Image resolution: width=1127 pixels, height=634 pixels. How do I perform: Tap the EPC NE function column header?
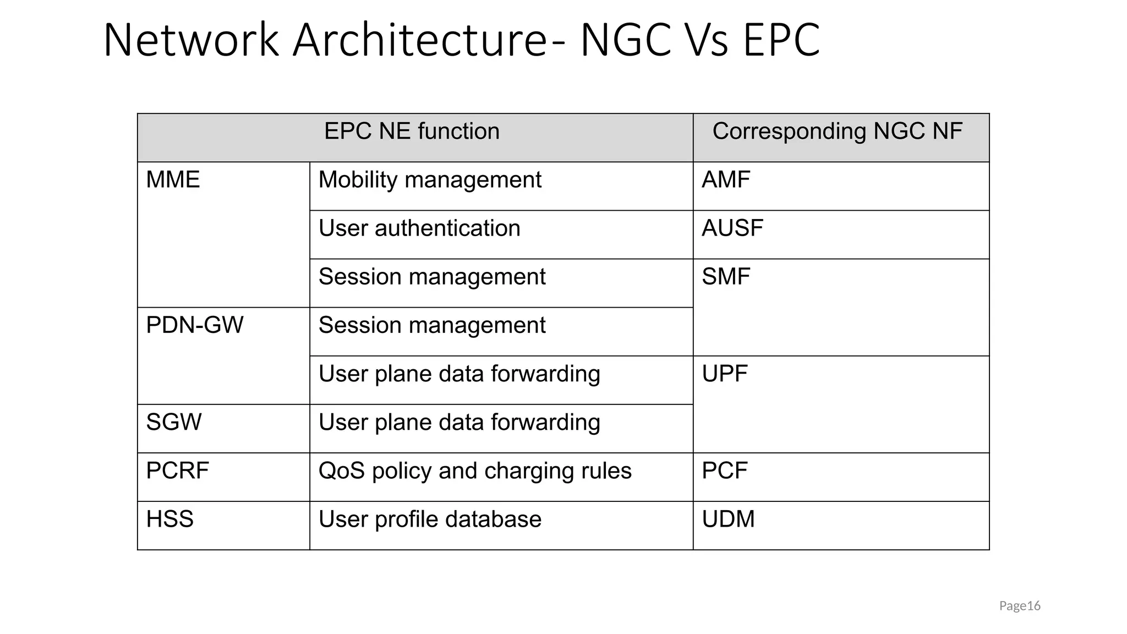[x=412, y=132]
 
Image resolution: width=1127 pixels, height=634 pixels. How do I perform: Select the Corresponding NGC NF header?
[x=837, y=132]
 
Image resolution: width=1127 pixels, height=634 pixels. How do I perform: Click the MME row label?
[x=173, y=180]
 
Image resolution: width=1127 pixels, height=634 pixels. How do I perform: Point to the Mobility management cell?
[x=430, y=180]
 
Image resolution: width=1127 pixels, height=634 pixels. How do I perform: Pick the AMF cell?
[x=726, y=180]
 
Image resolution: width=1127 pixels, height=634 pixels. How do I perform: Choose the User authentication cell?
[x=419, y=228]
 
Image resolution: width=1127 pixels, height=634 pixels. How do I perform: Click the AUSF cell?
[x=732, y=228]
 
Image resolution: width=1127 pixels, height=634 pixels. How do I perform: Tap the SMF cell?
[x=726, y=277]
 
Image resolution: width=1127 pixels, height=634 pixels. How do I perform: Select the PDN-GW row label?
[x=194, y=325]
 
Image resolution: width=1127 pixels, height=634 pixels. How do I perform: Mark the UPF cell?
[x=725, y=374]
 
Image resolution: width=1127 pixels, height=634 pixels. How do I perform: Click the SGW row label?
[x=174, y=423]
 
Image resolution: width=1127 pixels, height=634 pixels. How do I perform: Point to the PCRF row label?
[x=177, y=471]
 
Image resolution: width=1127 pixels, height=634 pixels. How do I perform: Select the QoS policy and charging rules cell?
[x=475, y=471]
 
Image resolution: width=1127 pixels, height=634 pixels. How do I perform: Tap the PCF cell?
[x=725, y=471]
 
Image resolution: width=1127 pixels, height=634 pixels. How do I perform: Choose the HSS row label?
[x=169, y=520]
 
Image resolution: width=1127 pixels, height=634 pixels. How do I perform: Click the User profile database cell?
[x=430, y=520]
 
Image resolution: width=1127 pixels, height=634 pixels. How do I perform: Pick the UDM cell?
[x=728, y=520]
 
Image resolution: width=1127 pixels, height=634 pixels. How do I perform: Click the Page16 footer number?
[x=1020, y=606]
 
